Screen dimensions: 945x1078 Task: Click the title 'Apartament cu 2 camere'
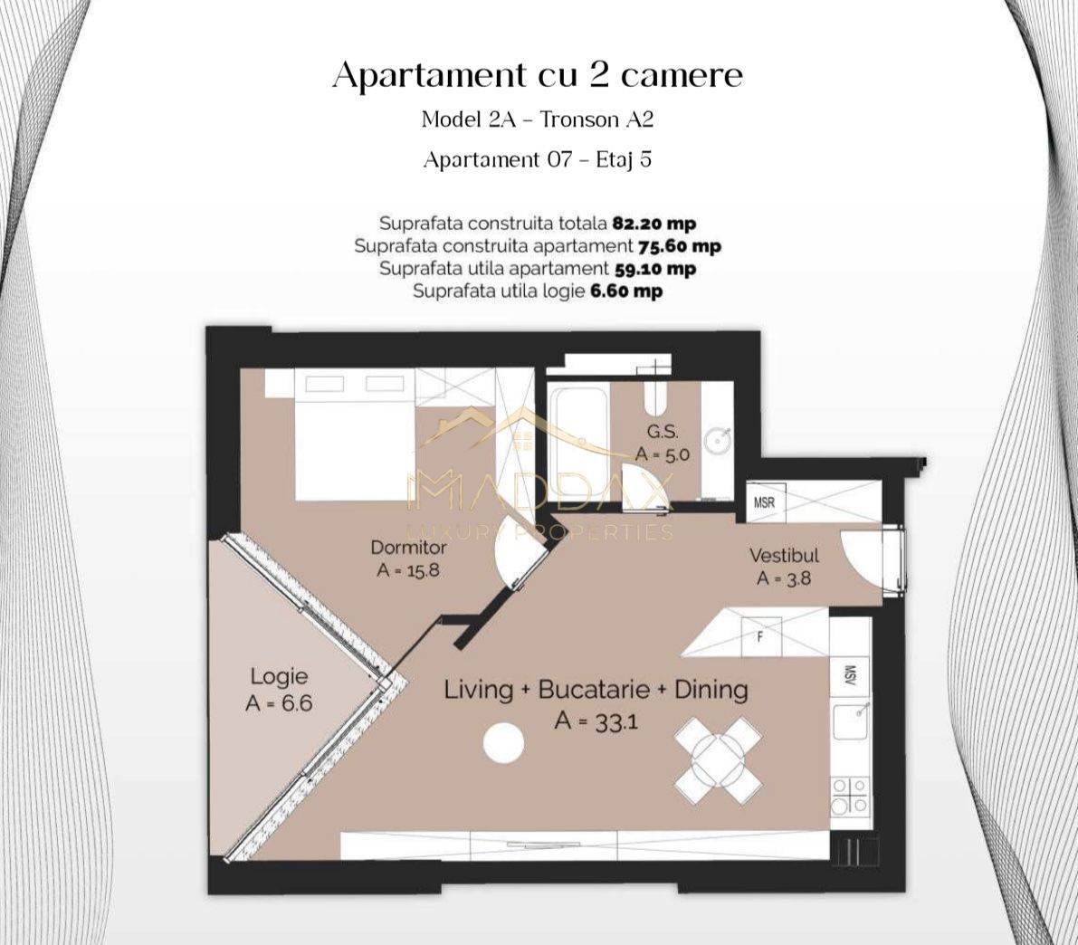[x=538, y=75]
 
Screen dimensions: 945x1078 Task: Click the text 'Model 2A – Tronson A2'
[x=538, y=119]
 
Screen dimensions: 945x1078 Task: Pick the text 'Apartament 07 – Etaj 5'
[x=538, y=160]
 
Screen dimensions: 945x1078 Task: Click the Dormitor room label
[x=408, y=548]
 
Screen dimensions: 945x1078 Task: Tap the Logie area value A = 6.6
[x=279, y=702]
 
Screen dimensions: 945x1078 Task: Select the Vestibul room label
[x=784, y=556]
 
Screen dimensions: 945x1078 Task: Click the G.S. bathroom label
[x=662, y=432]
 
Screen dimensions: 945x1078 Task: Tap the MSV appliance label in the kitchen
[x=851, y=675]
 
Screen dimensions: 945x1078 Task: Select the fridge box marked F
[x=758, y=636]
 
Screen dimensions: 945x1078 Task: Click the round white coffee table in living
[x=503, y=743]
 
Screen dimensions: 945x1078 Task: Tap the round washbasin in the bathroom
[x=719, y=442]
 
